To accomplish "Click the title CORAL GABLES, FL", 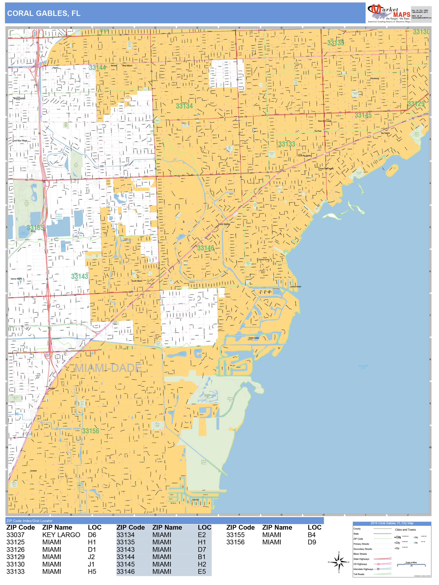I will (x=44, y=13).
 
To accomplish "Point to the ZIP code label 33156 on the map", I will (x=90, y=431).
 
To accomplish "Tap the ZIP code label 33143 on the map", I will (x=79, y=276).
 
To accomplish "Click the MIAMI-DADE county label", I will (x=108, y=368).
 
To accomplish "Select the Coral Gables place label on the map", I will (x=224, y=224).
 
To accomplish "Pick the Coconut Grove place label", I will (x=263, y=259).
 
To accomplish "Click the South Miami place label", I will (x=137, y=281).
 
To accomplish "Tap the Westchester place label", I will (x=19, y=98).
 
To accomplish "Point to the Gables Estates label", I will (x=254, y=338).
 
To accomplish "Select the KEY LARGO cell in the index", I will (x=61, y=535).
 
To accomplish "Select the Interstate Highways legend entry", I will (x=363, y=569).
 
